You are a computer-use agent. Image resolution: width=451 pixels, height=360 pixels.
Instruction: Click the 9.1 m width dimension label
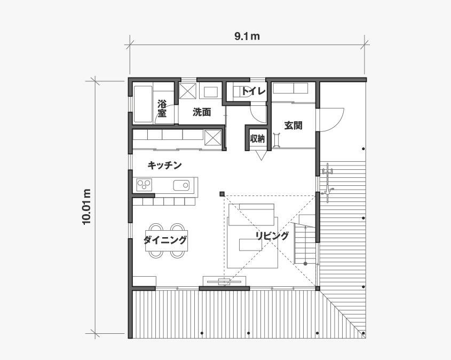click(x=247, y=36)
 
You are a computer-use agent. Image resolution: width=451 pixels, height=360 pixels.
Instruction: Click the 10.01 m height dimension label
click(x=87, y=207)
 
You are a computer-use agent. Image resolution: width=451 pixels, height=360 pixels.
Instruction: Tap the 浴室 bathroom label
click(x=162, y=108)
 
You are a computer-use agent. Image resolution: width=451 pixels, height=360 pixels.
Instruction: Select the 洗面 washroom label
click(x=202, y=112)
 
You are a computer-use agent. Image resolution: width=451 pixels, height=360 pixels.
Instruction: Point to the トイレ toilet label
click(x=253, y=91)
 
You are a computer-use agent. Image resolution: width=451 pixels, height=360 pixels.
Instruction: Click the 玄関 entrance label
click(x=294, y=126)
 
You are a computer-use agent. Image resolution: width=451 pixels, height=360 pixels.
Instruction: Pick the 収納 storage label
click(x=257, y=139)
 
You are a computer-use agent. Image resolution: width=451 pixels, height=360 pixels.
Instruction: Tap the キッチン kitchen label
click(x=165, y=165)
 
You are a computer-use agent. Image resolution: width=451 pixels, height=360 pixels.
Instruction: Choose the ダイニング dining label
click(x=165, y=240)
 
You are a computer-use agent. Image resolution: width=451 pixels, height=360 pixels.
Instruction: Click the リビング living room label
click(x=272, y=236)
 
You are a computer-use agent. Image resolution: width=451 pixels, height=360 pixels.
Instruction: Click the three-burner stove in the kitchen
click(x=144, y=185)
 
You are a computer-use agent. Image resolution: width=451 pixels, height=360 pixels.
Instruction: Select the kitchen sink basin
click(x=181, y=185)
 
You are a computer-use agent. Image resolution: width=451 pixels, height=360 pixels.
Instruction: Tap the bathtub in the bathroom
click(x=143, y=104)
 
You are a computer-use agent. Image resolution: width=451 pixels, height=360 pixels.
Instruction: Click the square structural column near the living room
click(x=221, y=194)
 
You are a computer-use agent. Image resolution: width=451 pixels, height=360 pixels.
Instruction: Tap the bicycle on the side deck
click(x=327, y=183)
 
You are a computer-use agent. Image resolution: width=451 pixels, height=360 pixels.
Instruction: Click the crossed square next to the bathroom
click(x=187, y=91)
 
